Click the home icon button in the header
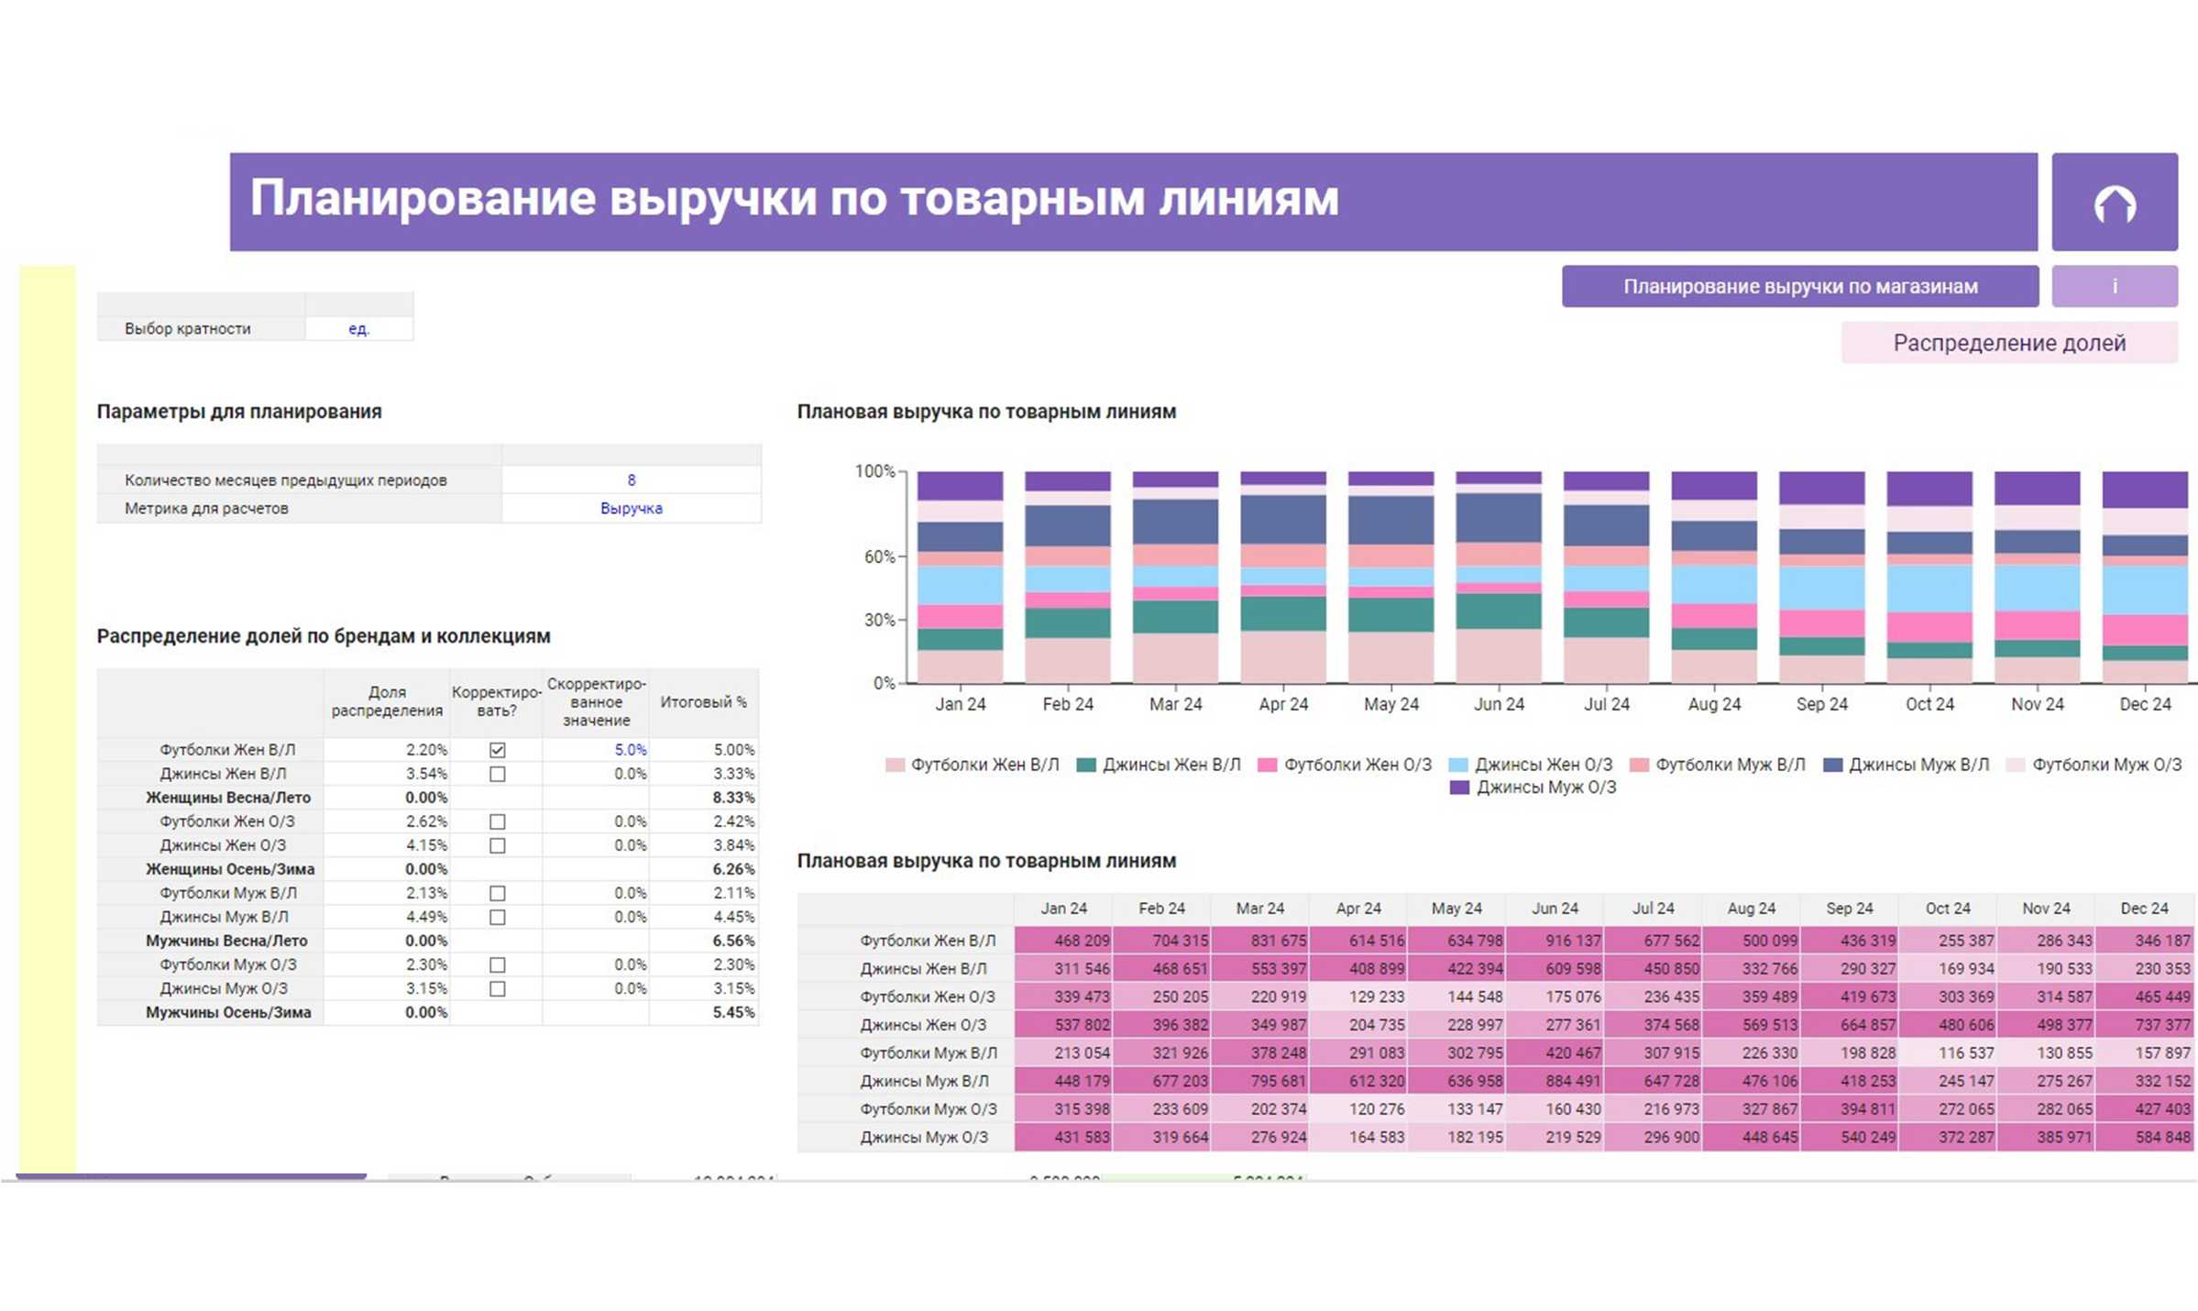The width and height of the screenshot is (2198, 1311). (x=2114, y=203)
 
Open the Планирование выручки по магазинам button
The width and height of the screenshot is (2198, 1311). (x=1799, y=287)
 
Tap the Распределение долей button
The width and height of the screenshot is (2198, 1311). (x=2009, y=343)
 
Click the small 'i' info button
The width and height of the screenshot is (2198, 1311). (x=2114, y=287)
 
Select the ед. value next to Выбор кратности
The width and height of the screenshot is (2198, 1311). (x=358, y=329)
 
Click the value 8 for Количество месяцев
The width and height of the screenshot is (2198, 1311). (x=631, y=480)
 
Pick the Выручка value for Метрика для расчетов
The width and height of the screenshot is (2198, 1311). (x=631, y=509)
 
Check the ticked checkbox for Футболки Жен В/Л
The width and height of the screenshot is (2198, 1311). (x=497, y=750)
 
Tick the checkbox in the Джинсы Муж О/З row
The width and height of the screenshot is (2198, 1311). (x=497, y=989)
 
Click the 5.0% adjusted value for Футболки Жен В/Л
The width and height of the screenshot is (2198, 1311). (x=630, y=750)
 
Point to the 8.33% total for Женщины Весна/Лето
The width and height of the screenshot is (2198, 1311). (x=732, y=798)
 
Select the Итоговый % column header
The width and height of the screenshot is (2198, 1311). (x=703, y=702)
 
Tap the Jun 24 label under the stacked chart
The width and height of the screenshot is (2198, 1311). (x=1499, y=704)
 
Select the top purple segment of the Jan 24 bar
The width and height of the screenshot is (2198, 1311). (x=960, y=486)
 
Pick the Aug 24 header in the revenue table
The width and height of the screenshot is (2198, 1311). (x=1751, y=909)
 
